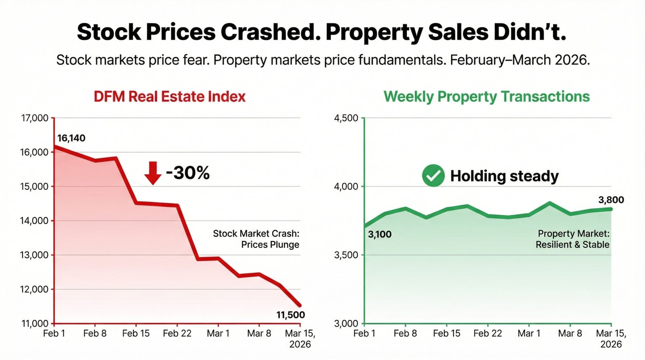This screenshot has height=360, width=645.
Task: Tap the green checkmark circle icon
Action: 433,176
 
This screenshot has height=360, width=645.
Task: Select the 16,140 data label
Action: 71,138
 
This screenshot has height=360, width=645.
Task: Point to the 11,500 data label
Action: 290,315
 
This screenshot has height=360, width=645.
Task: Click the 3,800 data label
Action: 611,200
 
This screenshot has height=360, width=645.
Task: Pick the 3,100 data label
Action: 380,234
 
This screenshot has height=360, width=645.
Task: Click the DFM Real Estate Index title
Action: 170,97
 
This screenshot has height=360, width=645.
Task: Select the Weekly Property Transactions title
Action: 487,97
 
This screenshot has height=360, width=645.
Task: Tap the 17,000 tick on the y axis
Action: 34,118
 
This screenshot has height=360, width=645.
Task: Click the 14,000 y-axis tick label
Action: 34,221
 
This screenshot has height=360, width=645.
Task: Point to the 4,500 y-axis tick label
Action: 346,118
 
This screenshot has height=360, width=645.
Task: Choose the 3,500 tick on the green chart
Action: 346,255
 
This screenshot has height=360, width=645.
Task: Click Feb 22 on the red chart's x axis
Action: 177,333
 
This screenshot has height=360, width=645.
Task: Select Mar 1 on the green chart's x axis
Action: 529,333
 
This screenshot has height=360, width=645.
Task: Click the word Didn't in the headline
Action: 530,32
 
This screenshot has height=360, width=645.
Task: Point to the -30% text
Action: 188,173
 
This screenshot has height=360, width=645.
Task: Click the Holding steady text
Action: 504,176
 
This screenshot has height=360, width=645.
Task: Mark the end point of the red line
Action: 300,306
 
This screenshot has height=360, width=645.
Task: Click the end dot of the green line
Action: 611,209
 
